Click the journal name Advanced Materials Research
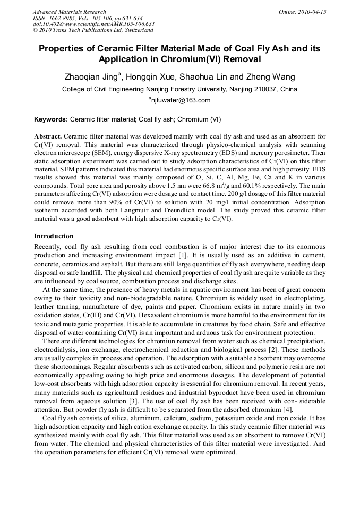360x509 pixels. [x=69, y=12]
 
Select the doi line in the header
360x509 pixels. [x=93, y=24]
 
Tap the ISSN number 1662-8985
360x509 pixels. [x=66, y=18]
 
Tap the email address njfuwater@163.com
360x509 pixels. [x=181, y=100]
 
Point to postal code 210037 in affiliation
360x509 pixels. [x=264, y=89]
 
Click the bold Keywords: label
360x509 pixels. [x=51, y=119]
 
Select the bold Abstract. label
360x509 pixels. [x=48, y=136]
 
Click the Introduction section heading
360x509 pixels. [x=54, y=236]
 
